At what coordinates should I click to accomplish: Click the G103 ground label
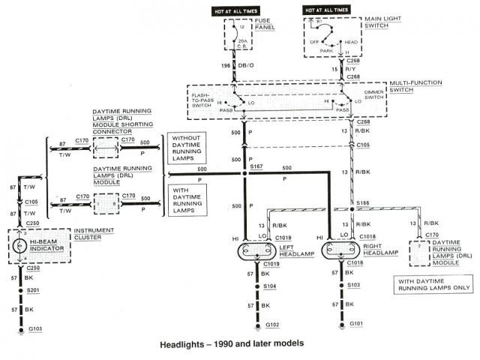35,329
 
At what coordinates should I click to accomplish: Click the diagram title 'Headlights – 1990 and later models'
232,344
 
